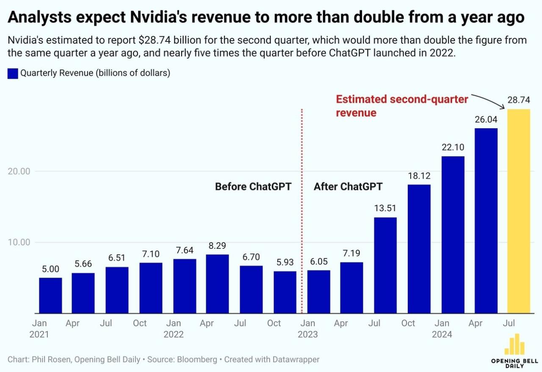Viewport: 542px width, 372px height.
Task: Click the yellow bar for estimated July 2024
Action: (519, 211)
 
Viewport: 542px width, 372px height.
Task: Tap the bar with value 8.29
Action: (217, 284)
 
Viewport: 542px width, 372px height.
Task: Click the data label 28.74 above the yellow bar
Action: (519, 101)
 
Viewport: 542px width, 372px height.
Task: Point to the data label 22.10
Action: (453, 148)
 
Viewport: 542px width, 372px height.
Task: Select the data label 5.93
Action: (285, 263)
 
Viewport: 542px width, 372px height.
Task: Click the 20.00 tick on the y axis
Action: (19, 171)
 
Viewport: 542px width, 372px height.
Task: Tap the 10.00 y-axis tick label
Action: (19, 242)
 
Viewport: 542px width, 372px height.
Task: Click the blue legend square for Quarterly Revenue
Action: (13, 73)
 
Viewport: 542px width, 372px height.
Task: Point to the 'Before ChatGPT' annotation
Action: (253, 187)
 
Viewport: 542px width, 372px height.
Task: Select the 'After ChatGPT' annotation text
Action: (348, 187)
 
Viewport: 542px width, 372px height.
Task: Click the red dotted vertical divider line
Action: (301, 212)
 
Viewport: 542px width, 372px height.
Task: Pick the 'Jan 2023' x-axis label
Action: (307, 328)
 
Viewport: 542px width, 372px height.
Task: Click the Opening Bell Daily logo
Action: (514, 350)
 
